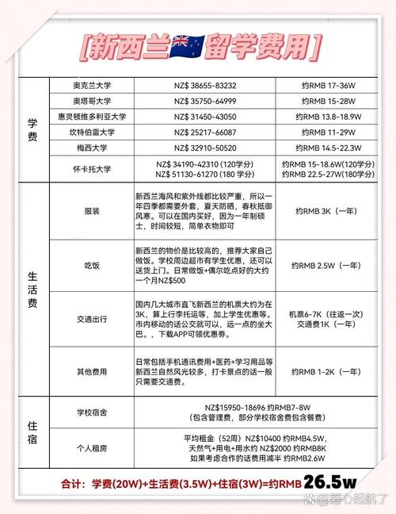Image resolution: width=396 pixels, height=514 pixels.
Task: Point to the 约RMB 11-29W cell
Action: click(x=323, y=132)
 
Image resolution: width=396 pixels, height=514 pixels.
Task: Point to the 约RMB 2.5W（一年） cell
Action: click(x=323, y=264)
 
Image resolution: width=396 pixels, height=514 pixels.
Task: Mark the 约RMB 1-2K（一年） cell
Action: click(x=323, y=371)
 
